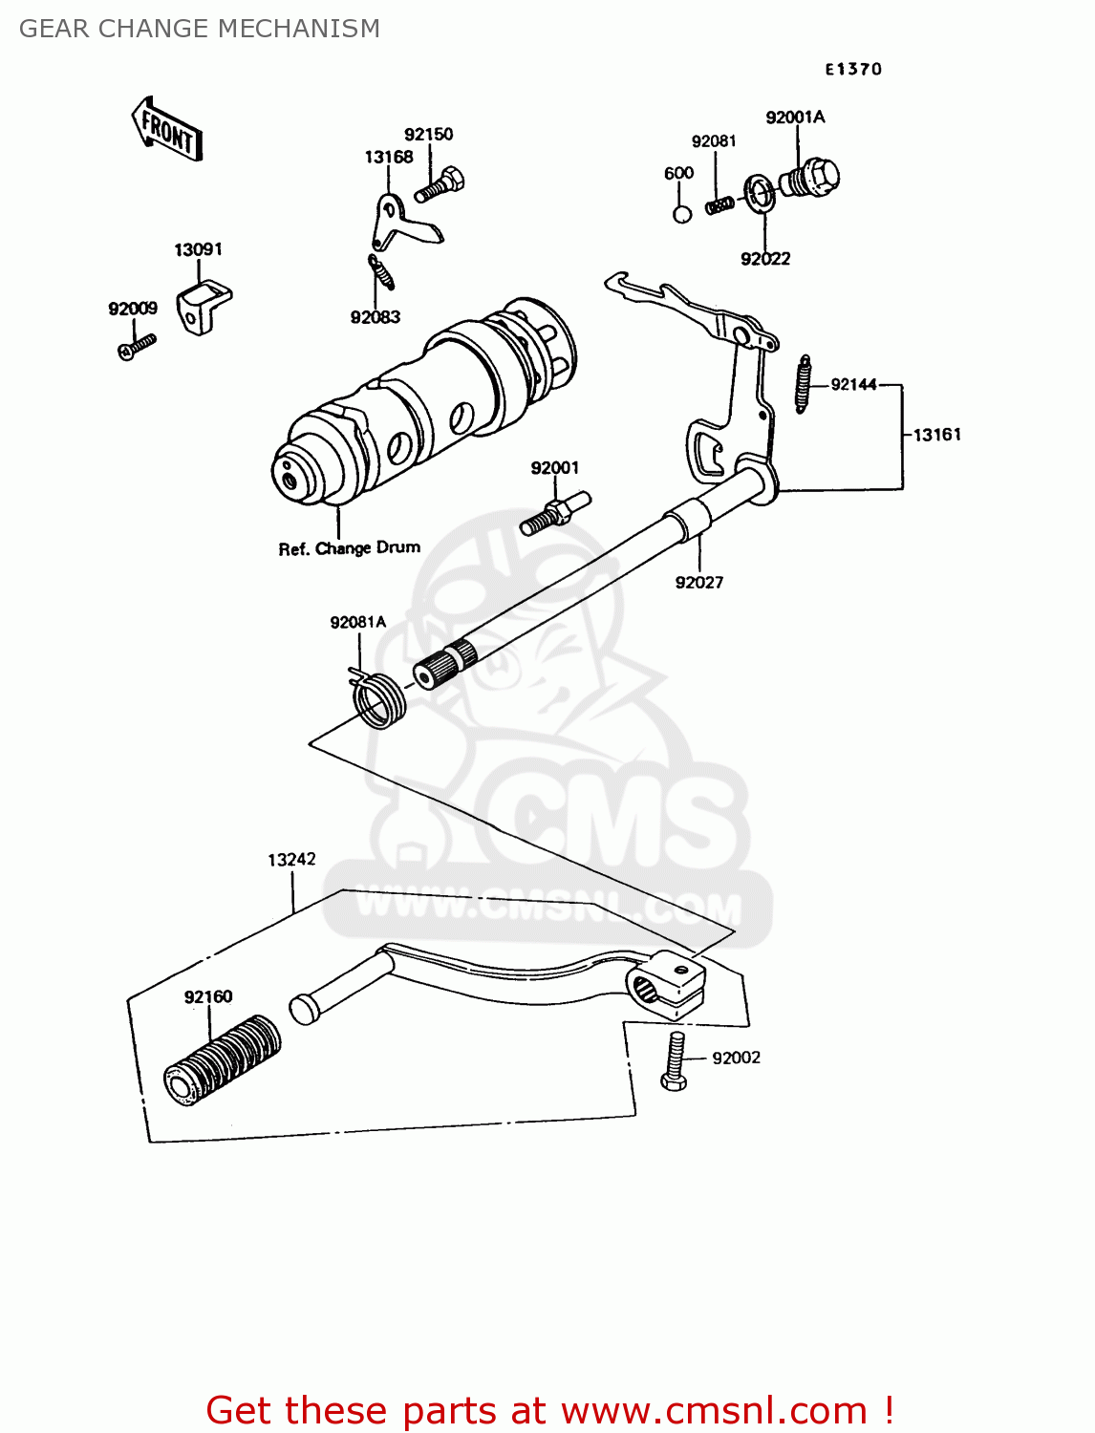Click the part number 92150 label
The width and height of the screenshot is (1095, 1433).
pyautogui.click(x=428, y=135)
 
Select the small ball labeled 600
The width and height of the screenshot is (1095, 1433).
pyautogui.click(x=682, y=213)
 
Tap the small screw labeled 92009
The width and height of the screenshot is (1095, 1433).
pyautogui.click(x=137, y=346)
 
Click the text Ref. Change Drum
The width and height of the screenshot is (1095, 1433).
pyautogui.click(x=350, y=548)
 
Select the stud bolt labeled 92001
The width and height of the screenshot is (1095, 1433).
pyautogui.click(x=555, y=513)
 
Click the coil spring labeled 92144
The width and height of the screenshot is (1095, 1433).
pyautogui.click(x=803, y=384)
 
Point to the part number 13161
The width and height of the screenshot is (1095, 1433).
pyautogui.click(x=936, y=435)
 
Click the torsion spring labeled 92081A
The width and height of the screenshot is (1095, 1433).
pyautogui.click(x=380, y=700)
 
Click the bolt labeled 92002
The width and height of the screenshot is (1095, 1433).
pyautogui.click(x=674, y=1061)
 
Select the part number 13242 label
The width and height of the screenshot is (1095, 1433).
pyautogui.click(x=291, y=860)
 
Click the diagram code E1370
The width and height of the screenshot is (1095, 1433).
pyautogui.click(x=853, y=69)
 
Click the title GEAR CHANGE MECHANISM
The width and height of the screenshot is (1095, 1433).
pyautogui.click(x=200, y=29)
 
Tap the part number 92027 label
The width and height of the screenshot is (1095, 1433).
pyautogui.click(x=699, y=583)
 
